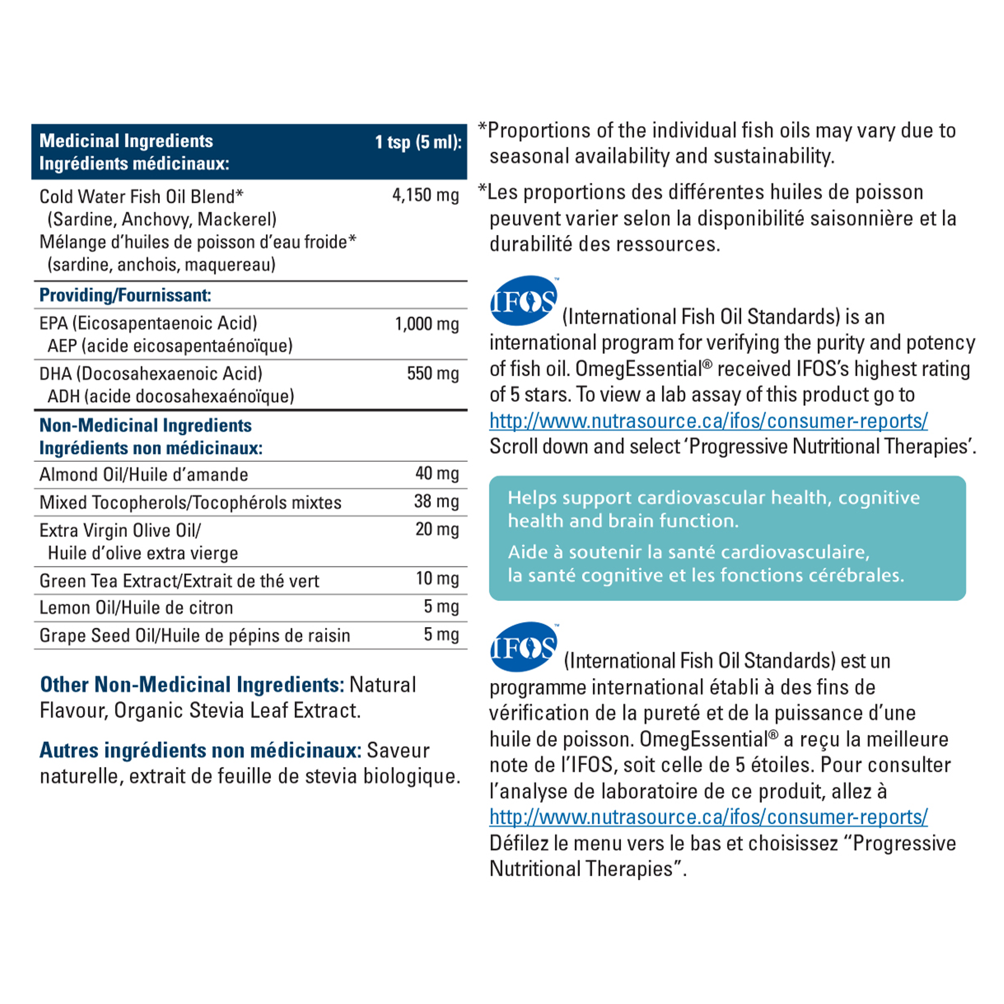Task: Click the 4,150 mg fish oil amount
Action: pos(425,196)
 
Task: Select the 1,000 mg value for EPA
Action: pos(427,324)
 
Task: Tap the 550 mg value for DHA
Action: pos(432,373)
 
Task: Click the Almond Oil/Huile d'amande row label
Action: pos(144,475)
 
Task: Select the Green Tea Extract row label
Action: pos(179,580)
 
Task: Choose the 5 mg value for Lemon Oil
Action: pos(441,606)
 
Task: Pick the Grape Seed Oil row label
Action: pos(194,635)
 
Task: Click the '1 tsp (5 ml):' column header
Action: pos(418,141)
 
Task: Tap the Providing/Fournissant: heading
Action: pos(125,295)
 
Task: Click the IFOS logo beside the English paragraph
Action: pos(523,301)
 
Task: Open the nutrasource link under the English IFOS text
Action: pos(708,421)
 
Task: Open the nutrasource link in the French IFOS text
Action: pos(708,816)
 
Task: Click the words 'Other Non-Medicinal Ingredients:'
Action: pos(192,684)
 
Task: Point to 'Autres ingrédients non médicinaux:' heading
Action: pos(200,750)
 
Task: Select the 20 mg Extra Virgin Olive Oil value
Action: pos(436,529)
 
